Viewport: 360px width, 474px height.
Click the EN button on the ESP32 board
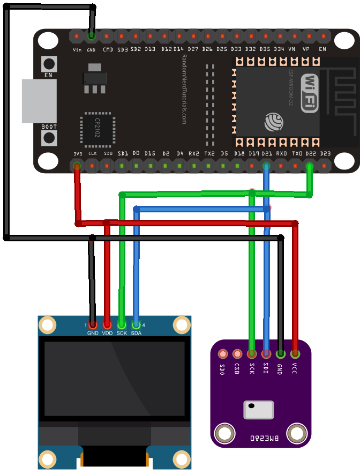[x=50, y=62]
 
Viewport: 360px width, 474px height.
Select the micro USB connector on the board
[x=38, y=101]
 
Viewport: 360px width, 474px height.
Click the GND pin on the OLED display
[x=93, y=325]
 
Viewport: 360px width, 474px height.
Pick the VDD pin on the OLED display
[x=107, y=325]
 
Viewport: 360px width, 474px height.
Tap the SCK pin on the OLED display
[x=122, y=325]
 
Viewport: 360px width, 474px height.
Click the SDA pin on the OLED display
[x=136, y=325]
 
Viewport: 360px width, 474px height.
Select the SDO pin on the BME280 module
[x=223, y=354]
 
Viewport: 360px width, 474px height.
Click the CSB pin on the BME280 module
[x=237, y=354]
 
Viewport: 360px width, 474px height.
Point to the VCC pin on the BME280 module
[x=295, y=354]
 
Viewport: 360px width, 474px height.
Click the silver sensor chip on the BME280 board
[x=259, y=410]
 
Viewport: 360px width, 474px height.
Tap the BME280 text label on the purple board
[x=265, y=438]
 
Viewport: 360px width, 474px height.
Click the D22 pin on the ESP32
[x=309, y=166]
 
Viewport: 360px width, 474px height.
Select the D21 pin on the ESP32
[x=266, y=166]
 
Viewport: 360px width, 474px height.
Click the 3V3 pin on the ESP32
[x=78, y=166]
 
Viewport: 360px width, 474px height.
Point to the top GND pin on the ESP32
[x=92, y=36]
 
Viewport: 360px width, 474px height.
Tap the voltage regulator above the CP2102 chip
[x=94, y=78]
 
